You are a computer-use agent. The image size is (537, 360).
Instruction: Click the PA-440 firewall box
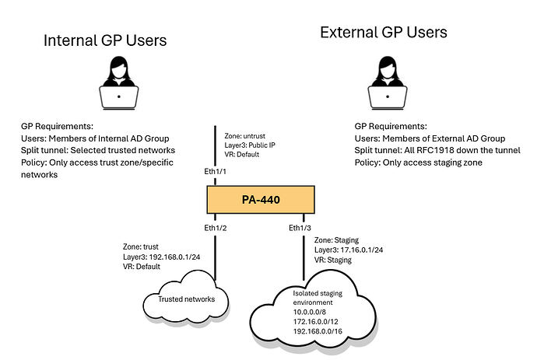point(261,201)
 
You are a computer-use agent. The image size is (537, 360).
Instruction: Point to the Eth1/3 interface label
point(301,228)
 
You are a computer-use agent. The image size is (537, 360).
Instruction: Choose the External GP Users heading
point(384,33)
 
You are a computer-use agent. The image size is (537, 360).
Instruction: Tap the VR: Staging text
point(334,260)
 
